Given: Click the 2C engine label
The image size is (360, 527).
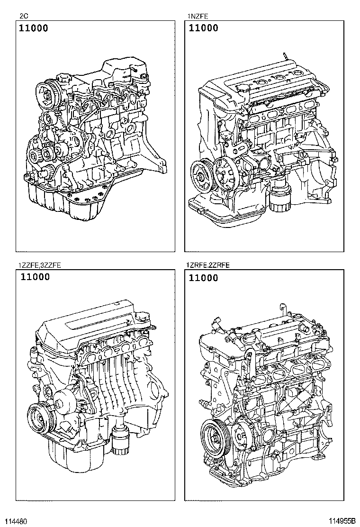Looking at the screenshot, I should (23, 16).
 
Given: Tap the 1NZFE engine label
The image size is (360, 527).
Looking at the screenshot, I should (198, 16).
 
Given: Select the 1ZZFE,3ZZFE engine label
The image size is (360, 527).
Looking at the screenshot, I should (40, 265).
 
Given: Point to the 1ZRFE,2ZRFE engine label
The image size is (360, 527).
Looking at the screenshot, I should (208, 265).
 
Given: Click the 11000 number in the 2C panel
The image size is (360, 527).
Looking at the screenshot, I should (34, 28).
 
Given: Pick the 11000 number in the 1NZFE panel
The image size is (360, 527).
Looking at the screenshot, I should (204, 28).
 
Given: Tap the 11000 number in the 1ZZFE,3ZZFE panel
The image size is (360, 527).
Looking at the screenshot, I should (35, 277).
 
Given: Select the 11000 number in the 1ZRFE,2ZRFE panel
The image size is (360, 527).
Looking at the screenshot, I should (204, 278).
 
